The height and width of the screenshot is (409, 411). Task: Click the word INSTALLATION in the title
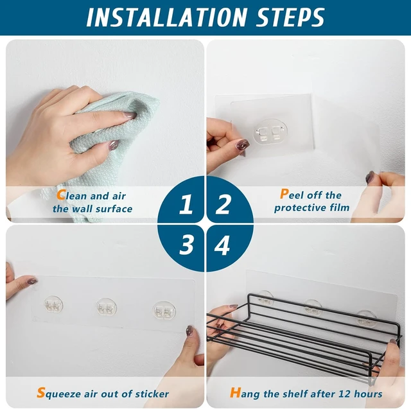pos(167,17)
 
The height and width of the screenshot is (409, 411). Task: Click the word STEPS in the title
pos(290,17)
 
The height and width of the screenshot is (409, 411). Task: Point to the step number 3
pos(186,245)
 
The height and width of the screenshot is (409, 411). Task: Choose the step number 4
pos(222,245)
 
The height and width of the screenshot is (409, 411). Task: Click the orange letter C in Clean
pos(61,195)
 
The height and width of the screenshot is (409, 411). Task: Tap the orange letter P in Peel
pos(284,194)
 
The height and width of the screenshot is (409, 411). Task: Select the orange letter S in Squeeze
pos(41,392)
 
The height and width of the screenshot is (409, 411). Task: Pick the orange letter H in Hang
pos(235,393)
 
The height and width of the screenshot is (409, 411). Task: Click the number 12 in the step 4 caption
pos(344,394)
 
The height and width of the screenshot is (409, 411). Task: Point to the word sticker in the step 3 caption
pos(152,394)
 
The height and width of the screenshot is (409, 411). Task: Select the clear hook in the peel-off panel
pos(270,131)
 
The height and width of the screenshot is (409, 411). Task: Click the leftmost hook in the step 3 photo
pos(53,305)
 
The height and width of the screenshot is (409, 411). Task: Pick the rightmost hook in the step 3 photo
pos(164,311)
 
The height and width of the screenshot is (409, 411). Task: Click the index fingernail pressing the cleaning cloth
pos(130,114)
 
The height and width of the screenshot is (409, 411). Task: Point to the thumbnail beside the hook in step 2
pos(243,144)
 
